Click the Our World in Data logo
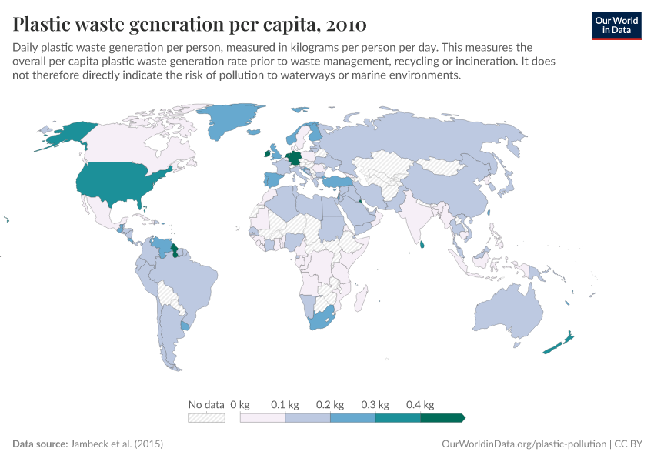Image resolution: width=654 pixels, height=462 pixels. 616,25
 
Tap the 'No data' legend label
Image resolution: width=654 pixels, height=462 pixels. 206,404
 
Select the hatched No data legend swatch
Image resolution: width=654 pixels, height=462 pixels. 206,417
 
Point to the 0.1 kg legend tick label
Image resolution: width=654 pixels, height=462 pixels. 284,404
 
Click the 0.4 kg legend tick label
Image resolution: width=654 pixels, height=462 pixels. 421,404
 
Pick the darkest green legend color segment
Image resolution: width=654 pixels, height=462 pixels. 442,417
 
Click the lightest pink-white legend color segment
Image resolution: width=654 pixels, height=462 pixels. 262,417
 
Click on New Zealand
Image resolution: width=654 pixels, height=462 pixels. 559,343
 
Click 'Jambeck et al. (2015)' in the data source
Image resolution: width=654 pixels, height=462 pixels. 116,444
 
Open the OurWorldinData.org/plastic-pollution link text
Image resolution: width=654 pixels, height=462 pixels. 524,444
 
